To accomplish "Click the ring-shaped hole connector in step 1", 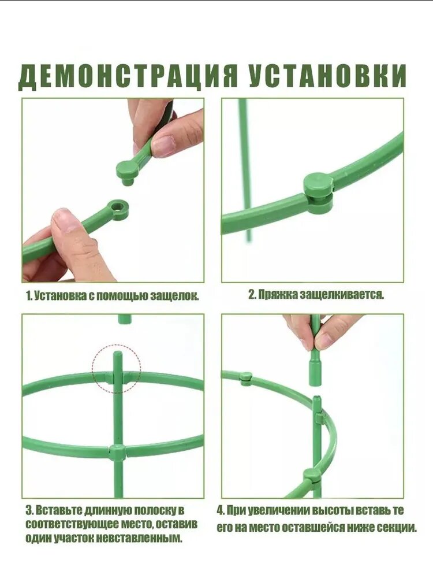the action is tap(118, 210).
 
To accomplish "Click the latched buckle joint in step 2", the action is tap(318, 193).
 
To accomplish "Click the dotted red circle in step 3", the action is tap(117, 369).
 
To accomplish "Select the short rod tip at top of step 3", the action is tap(125, 319).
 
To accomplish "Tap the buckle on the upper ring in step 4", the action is tap(246, 379).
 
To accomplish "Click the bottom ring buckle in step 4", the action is tap(312, 477).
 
